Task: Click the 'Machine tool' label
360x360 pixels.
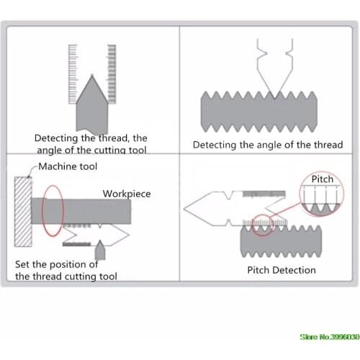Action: (68, 166)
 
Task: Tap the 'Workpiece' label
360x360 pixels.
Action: (127, 194)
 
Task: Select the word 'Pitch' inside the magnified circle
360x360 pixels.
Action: (323, 179)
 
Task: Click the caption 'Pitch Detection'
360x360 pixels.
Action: (282, 270)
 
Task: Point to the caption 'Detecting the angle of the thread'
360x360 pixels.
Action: (268, 145)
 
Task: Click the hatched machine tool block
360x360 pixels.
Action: (23, 212)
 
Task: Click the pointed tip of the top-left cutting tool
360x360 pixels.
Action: (92, 75)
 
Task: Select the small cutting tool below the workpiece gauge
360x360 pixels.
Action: (100, 250)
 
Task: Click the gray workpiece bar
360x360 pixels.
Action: (81, 211)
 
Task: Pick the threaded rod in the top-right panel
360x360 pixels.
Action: (259, 112)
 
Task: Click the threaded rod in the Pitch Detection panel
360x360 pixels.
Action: (281, 241)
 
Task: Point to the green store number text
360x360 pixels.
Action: (330, 337)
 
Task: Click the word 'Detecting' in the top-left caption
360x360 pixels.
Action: (56, 138)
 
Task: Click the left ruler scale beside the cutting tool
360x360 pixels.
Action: (73, 74)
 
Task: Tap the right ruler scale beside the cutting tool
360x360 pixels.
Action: (112, 74)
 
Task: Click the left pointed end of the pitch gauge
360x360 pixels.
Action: (184, 209)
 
